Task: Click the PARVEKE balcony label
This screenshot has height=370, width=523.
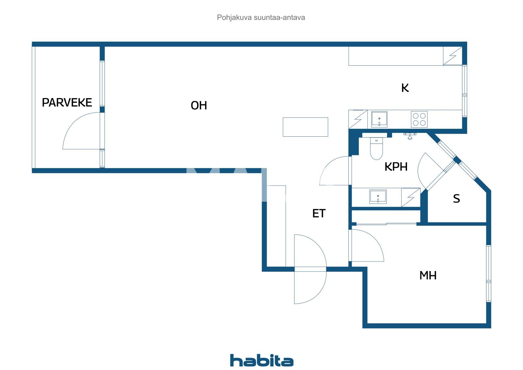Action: [x=67, y=103]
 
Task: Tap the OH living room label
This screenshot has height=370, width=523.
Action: [x=199, y=106]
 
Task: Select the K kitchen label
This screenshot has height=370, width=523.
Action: [x=405, y=88]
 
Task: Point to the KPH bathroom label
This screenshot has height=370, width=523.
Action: [x=396, y=167]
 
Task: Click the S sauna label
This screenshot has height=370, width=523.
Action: [x=456, y=199]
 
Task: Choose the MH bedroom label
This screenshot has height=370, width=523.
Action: [x=428, y=276]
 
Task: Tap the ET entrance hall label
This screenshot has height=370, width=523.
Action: [x=319, y=214]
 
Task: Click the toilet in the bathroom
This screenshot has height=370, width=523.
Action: [x=376, y=148]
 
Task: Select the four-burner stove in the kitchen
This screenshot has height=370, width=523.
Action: [x=419, y=119]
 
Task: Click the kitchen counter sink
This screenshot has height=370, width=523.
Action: [x=379, y=119]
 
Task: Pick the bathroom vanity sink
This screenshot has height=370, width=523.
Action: [x=378, y=197]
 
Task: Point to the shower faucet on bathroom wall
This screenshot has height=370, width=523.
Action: [x=410, y=136]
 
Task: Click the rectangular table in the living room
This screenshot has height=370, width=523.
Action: [x=305, y=127]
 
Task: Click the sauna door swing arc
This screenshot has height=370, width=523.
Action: [x=425, y=170]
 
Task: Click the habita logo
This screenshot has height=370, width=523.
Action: [x=261, y=361]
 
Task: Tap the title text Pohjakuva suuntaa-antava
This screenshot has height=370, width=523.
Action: [x=261, y=18]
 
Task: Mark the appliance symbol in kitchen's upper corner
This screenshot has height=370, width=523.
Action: [x=452, y=56]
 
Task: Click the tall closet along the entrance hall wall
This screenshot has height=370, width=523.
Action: [x=276, y=226]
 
